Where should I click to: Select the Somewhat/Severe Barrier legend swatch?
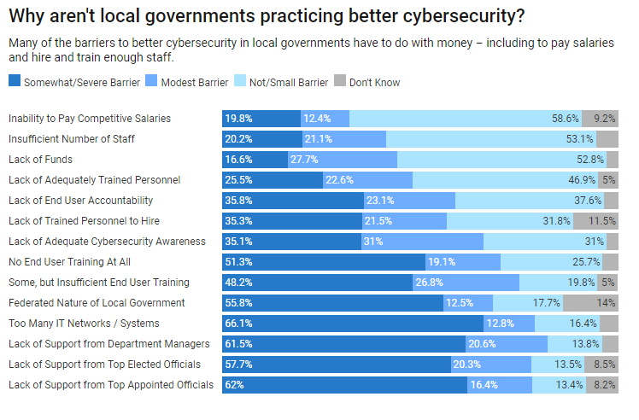click(15, 82)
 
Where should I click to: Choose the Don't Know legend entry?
click(374, 82)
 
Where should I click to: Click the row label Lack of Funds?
click(40, 159)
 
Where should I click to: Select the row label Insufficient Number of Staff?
click(71, 138)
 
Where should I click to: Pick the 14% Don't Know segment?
click(590, 302)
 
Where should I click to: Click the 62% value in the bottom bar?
click(235, 384)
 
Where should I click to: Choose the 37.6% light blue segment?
click(531, 200)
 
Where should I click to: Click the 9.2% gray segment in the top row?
click(601, 118)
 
